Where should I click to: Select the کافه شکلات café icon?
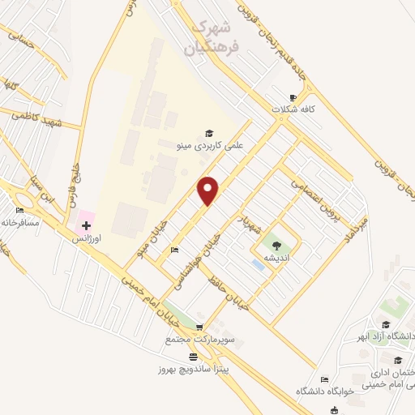[x=293, y=96]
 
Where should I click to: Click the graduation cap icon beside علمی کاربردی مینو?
[x=209, y=132]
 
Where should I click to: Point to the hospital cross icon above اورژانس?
[x=86, y=224]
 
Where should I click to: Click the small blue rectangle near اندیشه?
[x=258, y=265]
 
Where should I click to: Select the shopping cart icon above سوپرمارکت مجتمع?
[x=200, y=327]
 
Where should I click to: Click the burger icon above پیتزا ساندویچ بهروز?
[x=192, y=357]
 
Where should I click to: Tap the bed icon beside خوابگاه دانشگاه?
[x=325, y=379]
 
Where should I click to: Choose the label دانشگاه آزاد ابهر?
[x=387, y=336]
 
